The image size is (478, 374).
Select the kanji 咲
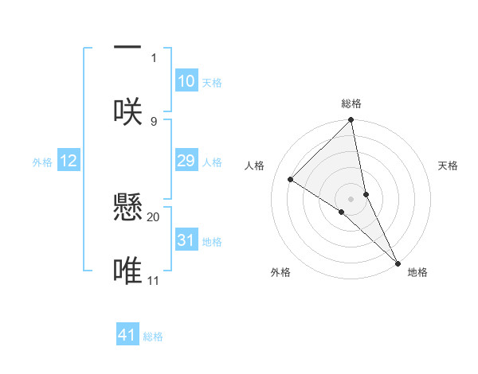point(127,111)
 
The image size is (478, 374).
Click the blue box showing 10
point(186,81)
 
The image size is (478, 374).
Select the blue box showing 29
point(186,161)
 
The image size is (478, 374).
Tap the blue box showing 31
point(186,240)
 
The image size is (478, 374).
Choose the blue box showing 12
point(69,161)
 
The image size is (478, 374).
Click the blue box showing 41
point(127,335)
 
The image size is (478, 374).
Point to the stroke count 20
point(154,216)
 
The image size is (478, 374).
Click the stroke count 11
point(153,280)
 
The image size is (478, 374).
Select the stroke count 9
point(154,121)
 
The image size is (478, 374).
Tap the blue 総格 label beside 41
point(153,337)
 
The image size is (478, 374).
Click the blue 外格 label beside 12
point(42,162)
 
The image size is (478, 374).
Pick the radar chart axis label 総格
point(351,103)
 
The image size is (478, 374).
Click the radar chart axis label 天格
point(449,166)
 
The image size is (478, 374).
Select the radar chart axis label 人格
point(254,166)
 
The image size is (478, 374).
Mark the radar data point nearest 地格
point(398,262)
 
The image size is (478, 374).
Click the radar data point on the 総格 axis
point(351,121)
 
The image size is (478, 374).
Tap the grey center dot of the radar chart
point(351,198)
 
